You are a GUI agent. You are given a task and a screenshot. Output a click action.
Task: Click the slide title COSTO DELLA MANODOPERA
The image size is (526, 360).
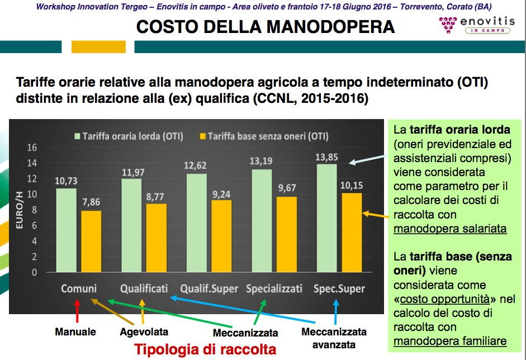(x=266, y=27)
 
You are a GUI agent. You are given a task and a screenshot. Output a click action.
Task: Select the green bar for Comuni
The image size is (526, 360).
(x=67, y=230)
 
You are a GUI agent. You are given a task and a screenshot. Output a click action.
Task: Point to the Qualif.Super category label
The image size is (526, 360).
(x=209, y=289)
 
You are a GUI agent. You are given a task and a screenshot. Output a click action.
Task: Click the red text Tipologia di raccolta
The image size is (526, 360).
(x=205, y=349)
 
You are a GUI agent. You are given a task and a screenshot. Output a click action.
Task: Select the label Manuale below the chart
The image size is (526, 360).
(x=75, y=332)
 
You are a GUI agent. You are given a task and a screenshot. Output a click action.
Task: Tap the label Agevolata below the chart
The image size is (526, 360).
(x=144, y=332)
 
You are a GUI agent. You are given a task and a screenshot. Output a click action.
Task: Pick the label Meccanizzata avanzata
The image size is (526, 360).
(x=334, y=338)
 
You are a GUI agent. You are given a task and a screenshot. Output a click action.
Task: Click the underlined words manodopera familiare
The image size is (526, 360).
(x=450, y=340)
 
